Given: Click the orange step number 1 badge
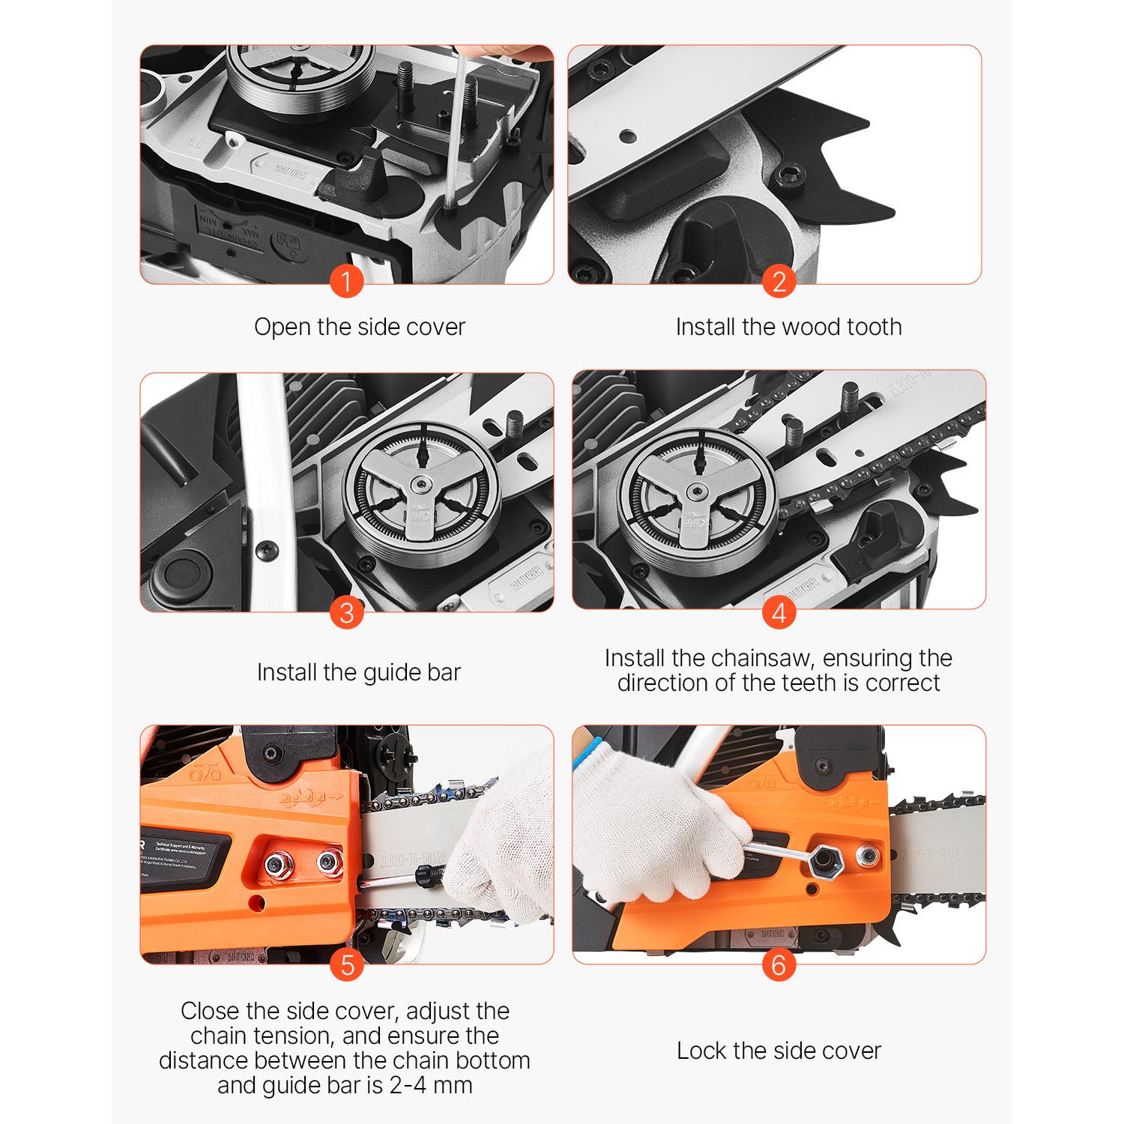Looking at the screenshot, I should (x=346, y=282).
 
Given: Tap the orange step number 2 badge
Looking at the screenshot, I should (x=779, y=282).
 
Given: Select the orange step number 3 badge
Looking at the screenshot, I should (x=346, y=613).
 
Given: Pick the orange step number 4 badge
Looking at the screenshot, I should (x=779, y=613).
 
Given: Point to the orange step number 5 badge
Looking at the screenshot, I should (x=346, y=964).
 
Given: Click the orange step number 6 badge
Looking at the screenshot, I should (x=779, y=964).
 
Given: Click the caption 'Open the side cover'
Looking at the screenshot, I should (x=360, y=327).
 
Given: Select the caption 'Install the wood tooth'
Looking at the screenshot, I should (x=788, y=327).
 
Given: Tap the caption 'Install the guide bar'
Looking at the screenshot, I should (x=358, y=672).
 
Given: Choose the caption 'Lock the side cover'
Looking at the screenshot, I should (x=779, y=1051).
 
